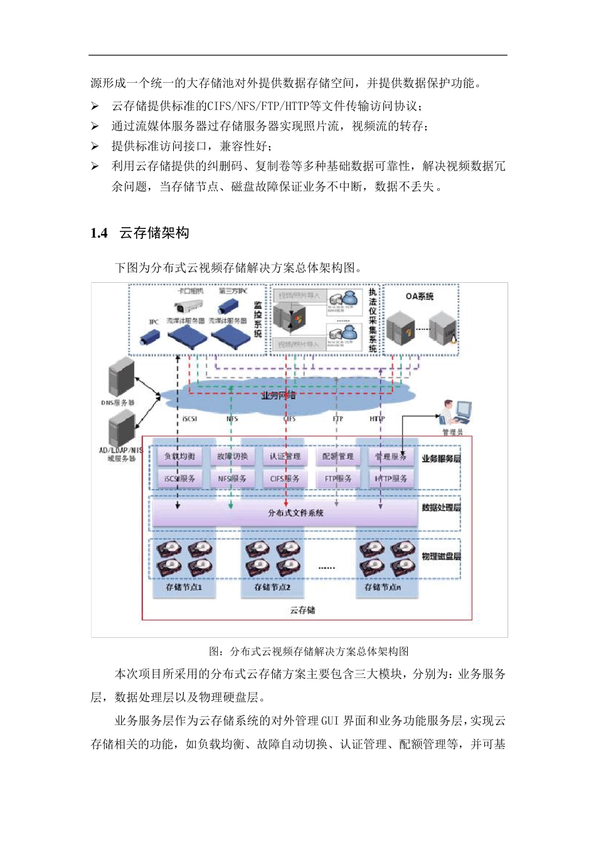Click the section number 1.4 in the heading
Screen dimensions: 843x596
click(x=99, y=233)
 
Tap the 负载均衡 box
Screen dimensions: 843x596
click(x=180, y=457)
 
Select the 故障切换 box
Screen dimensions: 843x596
click(x=232, y=457)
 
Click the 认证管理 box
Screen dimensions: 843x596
click(x=285, y=457)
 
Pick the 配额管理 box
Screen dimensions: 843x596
click(x=338, y=457)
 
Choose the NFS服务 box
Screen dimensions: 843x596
click(x=232, y=479)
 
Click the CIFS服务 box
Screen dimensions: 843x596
click(x=285, y=479)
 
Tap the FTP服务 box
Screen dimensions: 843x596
click(x=338, y=479)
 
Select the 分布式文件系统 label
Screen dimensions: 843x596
click(x=295, y=513)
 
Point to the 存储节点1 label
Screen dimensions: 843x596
click(x=184, y=588)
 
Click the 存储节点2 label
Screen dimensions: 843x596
click(x=272, y=588)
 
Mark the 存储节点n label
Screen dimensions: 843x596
click(x=383, y=588)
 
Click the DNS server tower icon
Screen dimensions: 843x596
click(x=121, y=377)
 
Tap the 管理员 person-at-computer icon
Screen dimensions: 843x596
click(x=455, y=412)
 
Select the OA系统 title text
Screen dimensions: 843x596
click(x=420, y=296)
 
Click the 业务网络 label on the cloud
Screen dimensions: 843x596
click(x=278, y=396)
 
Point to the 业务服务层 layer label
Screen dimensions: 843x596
click(x=441, y=459)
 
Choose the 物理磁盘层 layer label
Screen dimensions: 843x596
click(x=441, y=556)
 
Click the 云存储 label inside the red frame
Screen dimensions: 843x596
click(x=302, y=610)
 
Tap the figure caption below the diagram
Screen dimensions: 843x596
click(x=309, y=652)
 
